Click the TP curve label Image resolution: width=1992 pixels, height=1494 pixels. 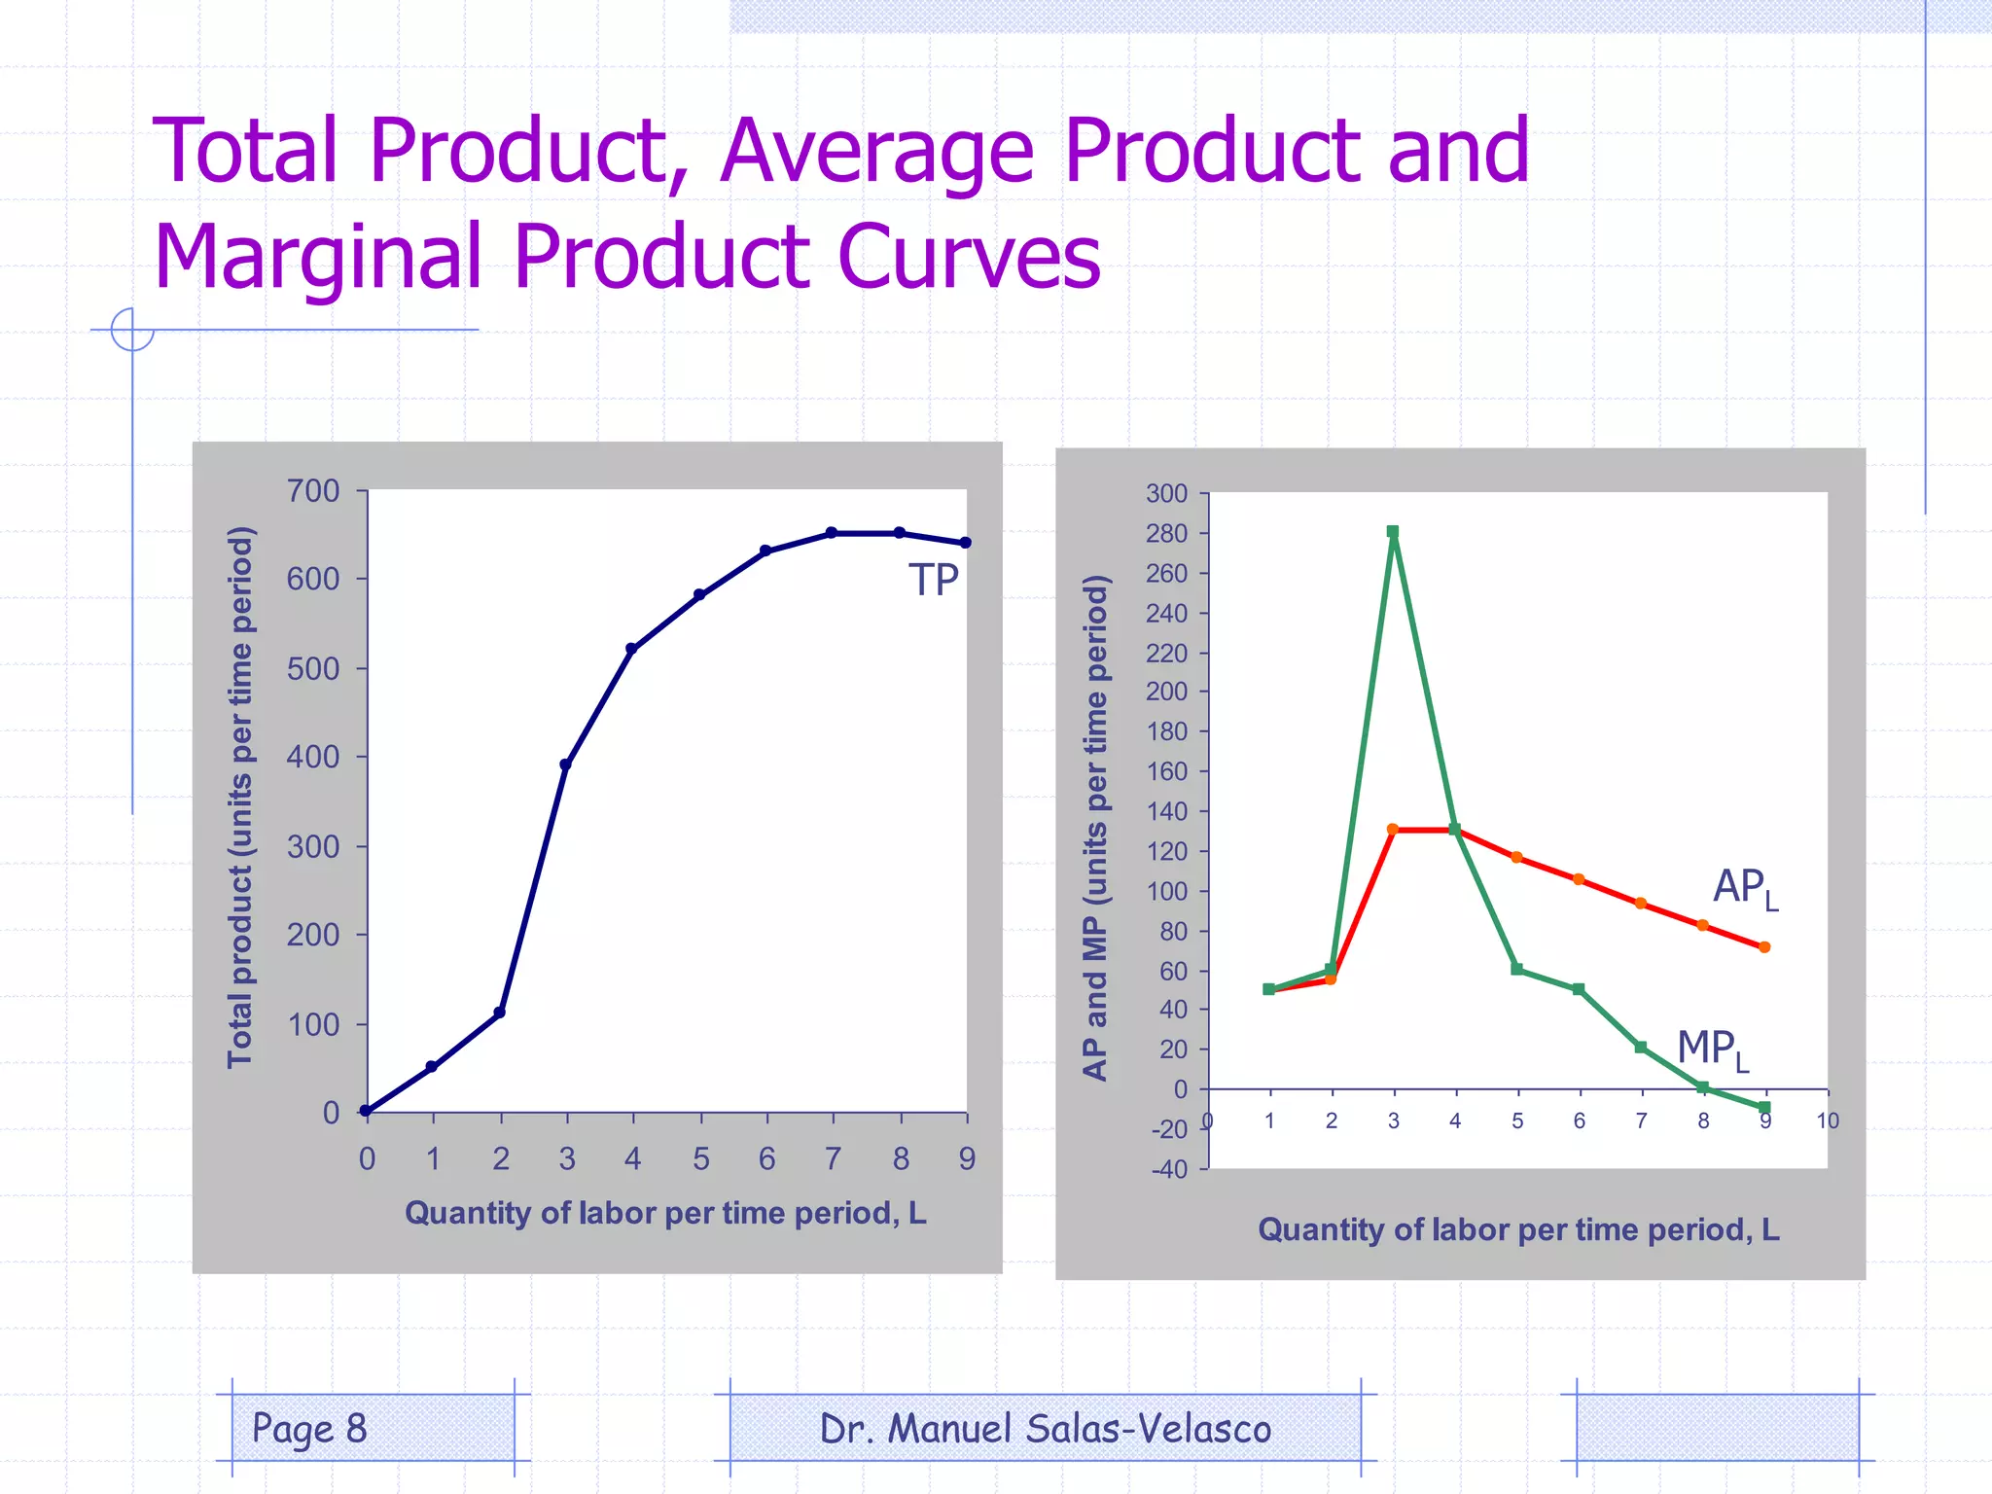click(933, 581)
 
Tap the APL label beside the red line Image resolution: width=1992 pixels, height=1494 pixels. click(1745, 888)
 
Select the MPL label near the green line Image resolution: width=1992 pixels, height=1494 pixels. click(1712, 1050)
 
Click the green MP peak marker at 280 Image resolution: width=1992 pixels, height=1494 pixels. click(1393, 532)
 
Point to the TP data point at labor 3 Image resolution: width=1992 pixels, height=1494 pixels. click(565, 765)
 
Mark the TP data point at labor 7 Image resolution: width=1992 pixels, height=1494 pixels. click(832, 533)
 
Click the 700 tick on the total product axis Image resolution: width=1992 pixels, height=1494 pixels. click(313, 491)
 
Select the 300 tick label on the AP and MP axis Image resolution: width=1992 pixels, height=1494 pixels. click(1166, 494)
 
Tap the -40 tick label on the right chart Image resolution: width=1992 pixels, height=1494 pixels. click(1169, 1169)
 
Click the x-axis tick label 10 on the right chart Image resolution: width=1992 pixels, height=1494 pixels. click(1828, 1120)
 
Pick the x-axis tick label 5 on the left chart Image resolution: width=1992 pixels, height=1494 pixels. click(700, 1158)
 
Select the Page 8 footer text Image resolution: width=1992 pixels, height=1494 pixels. click(309, 1428)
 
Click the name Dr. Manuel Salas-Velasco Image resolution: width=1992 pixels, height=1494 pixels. click(1045, 1429)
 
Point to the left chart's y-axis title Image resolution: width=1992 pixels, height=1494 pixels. click(240, 798)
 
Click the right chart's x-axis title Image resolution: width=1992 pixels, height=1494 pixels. click(1518, 1229)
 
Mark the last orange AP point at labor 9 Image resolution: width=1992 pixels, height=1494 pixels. click(1764, 946)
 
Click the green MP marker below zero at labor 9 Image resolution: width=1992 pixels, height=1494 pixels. click(1764, 1108)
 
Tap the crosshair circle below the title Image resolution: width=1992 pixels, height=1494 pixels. click(132, 329)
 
